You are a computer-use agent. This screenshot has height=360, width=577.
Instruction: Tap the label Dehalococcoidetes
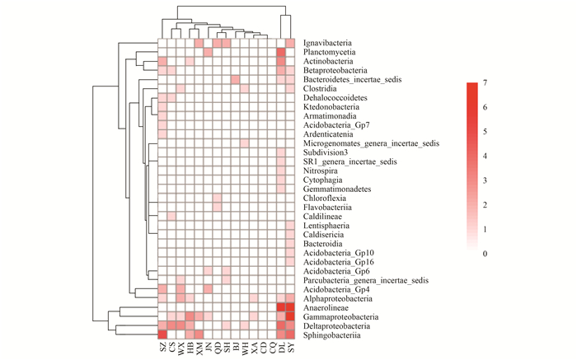pos(331,98)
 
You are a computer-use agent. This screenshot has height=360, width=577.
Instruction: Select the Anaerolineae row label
pos(321,307)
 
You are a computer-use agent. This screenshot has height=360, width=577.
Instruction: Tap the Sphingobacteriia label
pos(327,334)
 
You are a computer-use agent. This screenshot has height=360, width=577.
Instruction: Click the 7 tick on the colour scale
pos(486,83)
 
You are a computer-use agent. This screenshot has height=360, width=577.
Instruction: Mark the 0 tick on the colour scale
pos(486,253)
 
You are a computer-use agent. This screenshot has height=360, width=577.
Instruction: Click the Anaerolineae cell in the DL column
pos(281,307)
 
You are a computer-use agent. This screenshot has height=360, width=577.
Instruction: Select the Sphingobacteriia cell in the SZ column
pos(162,334)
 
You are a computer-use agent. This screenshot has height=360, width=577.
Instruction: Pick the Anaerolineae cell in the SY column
pos(290,307)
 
